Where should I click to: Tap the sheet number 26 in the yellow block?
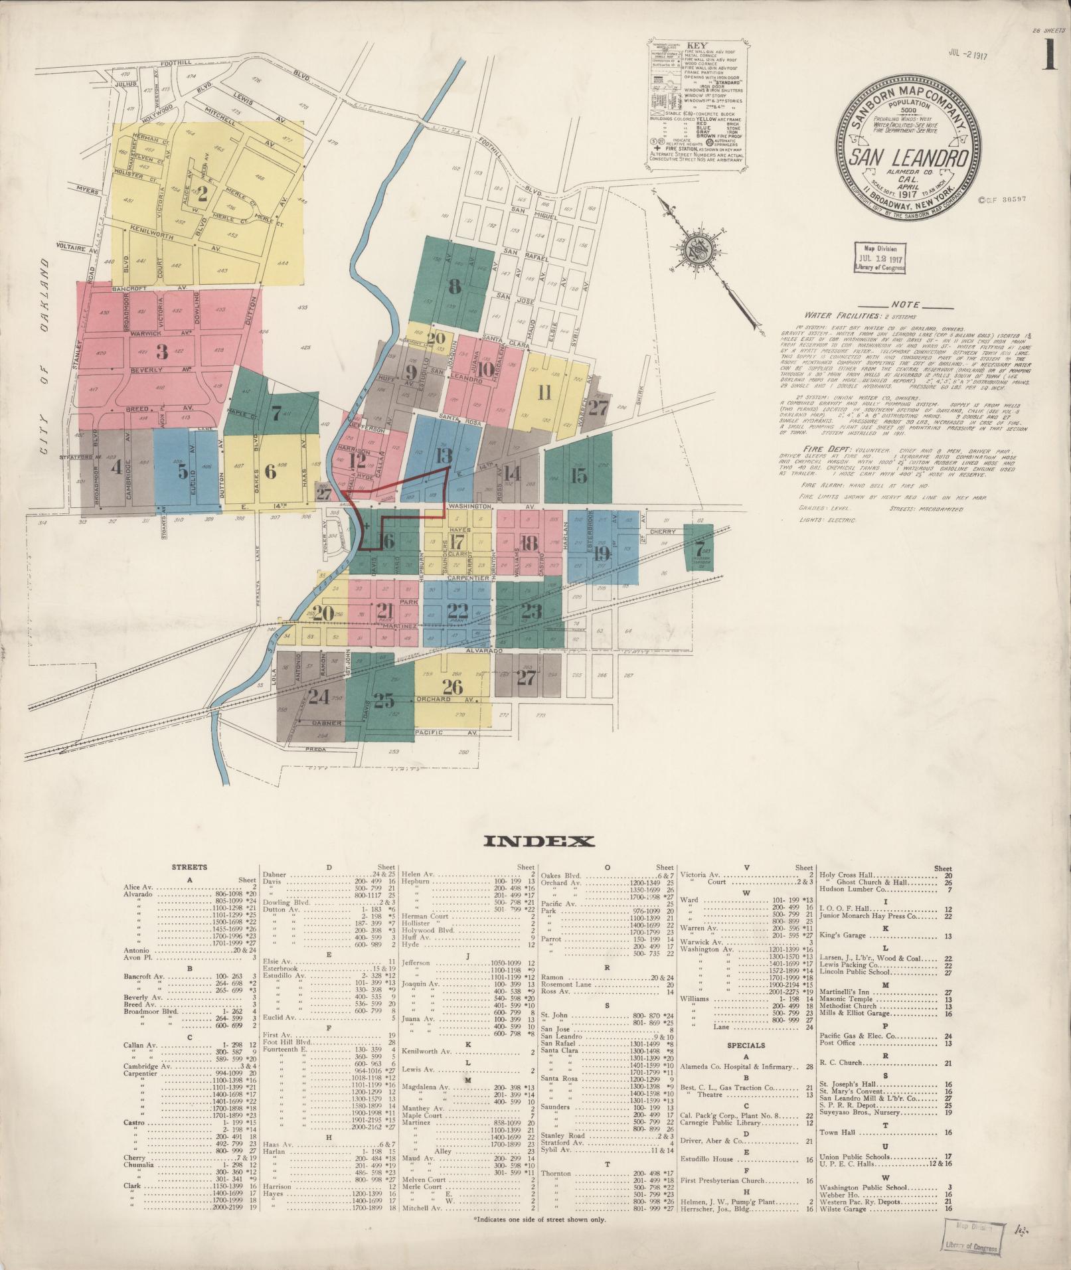pyautogui.click(x=453, y=687)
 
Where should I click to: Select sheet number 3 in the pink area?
pyautogui.click(x=161, y=351)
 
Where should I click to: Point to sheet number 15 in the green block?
pyautogui.click(x=578, y=475)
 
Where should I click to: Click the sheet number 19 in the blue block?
pyautogui.click(x=602, y=552)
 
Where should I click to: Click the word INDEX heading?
pyautogui.click(x=539, y=842)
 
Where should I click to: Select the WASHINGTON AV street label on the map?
pyautogui.click(x=470, y=507)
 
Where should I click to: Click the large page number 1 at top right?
pyautogui.click(x=1048, y=54)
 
